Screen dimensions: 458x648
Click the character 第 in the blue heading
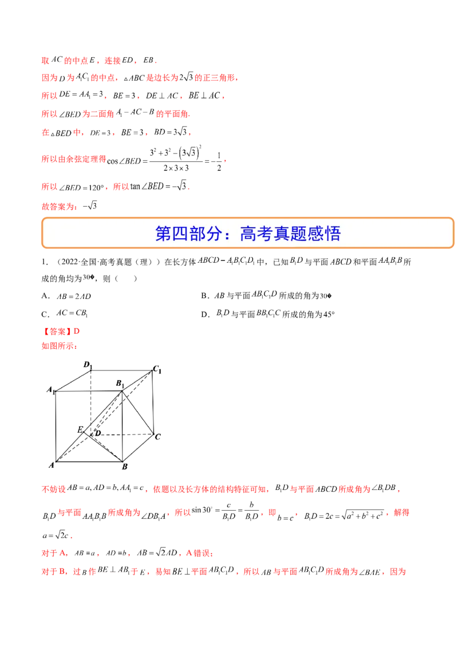coord(163,234)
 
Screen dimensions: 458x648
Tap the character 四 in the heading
coord(180,234)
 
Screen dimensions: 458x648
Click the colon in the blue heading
coord(230,234)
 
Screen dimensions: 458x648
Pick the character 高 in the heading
coord(247,234)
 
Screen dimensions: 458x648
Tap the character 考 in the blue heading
coord(264,234)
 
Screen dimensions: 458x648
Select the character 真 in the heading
coord(281,234)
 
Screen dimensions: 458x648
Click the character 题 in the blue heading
coord(298,234)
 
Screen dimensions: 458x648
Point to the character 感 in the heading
coord(315,234)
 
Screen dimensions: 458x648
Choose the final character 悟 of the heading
coord(333,234)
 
